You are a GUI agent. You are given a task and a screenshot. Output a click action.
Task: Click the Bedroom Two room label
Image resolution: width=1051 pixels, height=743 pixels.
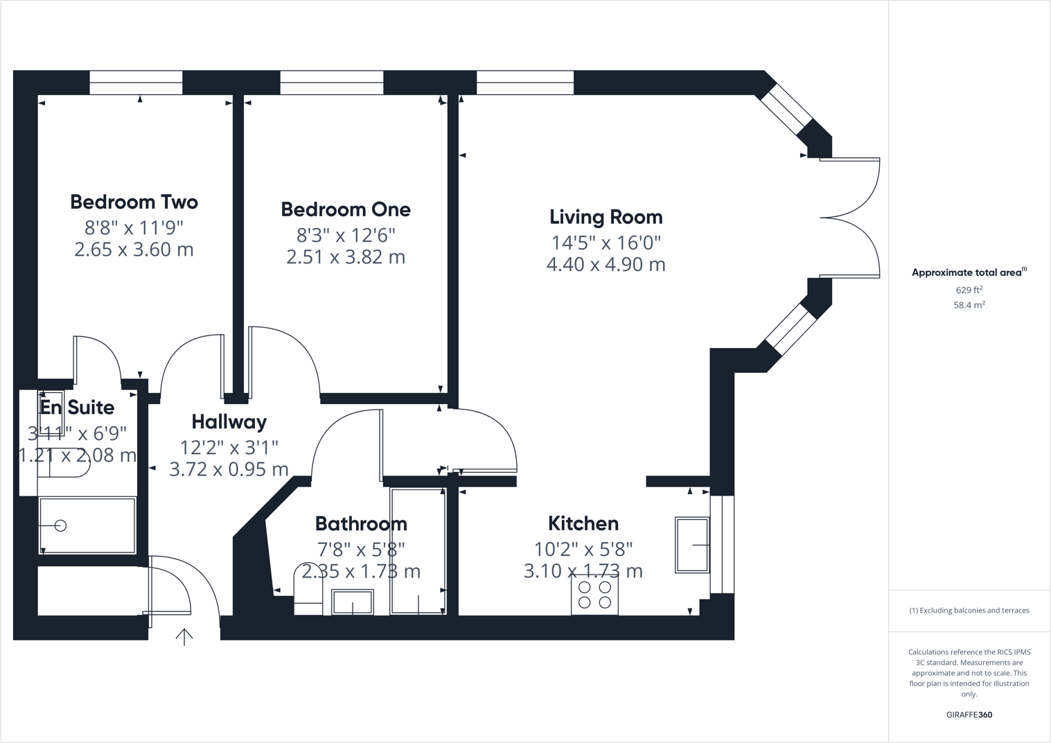[x=134, y=202]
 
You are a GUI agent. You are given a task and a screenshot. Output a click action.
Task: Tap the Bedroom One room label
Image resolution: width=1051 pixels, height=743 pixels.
[x=346, y=209]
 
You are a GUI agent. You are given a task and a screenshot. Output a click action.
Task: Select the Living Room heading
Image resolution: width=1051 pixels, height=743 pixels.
[x=606, y=217]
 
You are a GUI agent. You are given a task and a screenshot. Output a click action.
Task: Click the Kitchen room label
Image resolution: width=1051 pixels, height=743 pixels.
[x=583, y=523]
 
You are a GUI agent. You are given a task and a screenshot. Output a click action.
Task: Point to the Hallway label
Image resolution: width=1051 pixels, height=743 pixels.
[x=229, y=421]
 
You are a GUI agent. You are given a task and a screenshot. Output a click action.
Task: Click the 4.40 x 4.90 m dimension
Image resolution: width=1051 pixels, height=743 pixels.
[x=606, y=265]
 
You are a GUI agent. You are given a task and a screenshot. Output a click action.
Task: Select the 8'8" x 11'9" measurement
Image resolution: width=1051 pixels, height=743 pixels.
[x=134, y=227]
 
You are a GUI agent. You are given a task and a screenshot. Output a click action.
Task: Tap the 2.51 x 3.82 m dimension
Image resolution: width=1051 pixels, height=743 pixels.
[x=346, y=257]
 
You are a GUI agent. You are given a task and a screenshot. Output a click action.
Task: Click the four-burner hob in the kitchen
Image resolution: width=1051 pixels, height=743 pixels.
[x=594, y=595]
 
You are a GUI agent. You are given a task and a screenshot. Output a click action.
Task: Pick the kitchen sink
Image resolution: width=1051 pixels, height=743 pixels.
[x=692, y=545]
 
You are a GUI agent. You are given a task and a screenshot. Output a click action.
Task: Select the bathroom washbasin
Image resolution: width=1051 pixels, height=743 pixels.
[x=353, y=602]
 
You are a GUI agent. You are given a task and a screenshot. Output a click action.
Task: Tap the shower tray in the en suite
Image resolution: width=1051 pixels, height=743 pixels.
[x=87, y=525]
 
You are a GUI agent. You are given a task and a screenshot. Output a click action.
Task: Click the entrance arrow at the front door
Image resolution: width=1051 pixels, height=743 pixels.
[x=184, y=637]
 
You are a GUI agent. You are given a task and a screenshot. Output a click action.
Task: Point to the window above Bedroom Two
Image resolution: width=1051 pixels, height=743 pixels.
[x=136, y=82]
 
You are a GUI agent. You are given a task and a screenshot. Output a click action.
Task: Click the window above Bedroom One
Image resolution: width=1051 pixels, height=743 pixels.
[x=331, y=82]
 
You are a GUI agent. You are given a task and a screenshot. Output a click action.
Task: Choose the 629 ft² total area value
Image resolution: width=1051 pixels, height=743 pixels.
[x=969, y=290]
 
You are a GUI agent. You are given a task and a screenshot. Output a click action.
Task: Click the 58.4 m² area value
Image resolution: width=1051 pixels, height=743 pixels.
[x=969, y=305]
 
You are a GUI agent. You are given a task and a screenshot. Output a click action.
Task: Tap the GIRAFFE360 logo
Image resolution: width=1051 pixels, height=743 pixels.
[x=969, y=715]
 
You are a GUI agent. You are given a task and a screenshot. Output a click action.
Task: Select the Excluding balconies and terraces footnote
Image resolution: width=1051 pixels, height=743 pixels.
[x=969, y=611]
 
